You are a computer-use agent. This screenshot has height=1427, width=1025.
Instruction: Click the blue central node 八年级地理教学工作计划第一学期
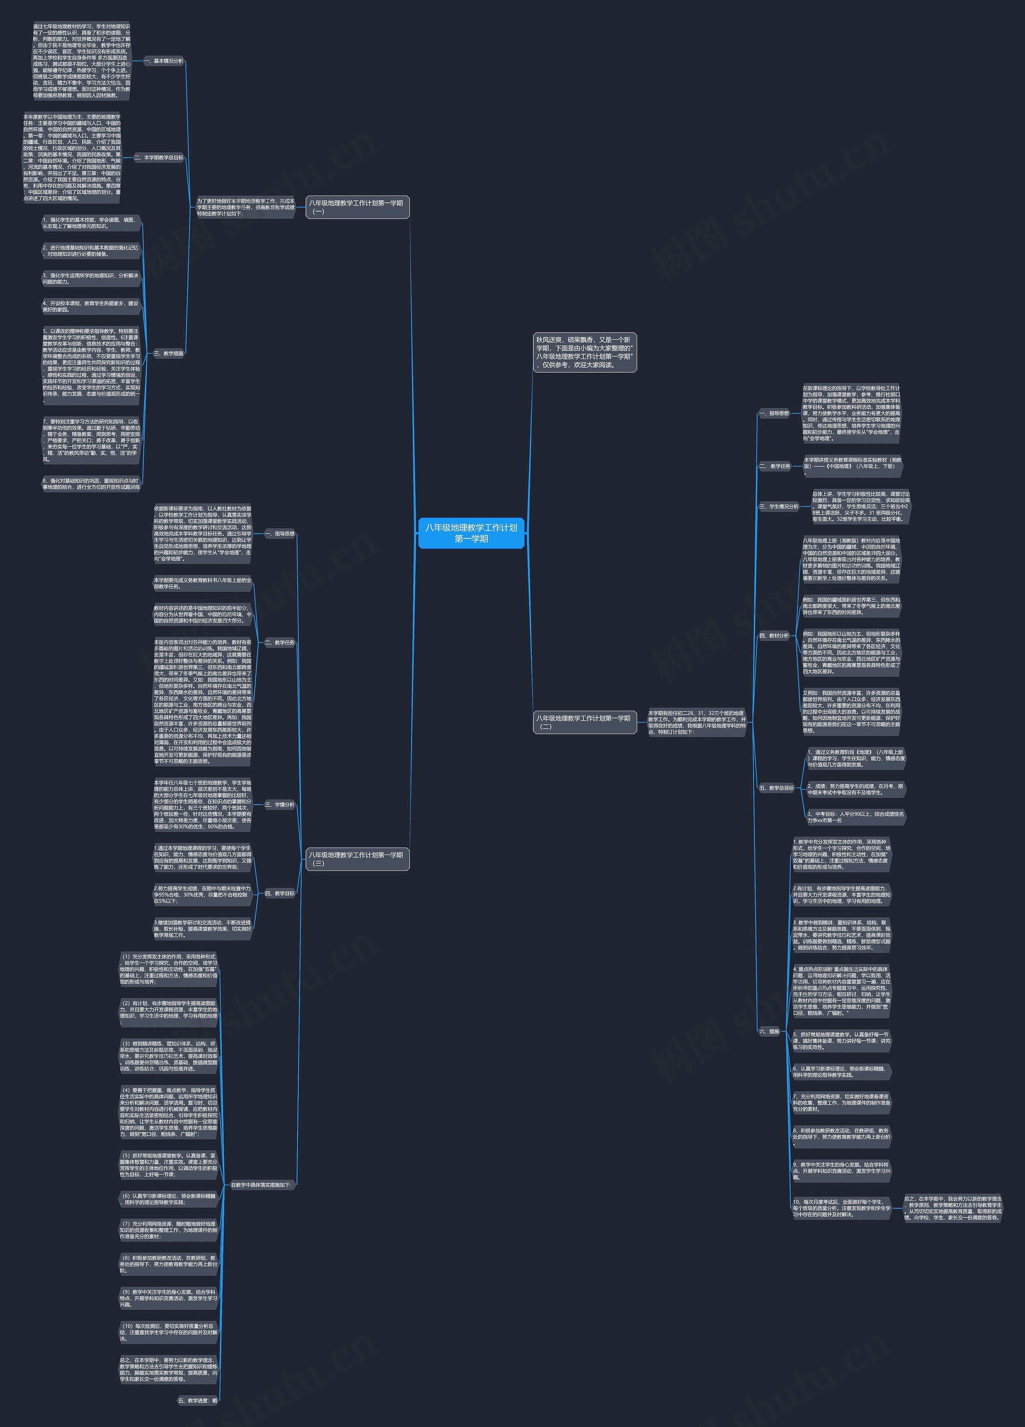click(x=471, y=533)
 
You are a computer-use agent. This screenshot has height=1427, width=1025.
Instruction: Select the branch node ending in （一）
click(x=357, y=207)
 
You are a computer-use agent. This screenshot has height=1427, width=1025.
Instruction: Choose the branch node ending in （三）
click(x=357, y=859)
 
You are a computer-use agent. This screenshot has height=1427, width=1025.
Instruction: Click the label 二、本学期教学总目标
click(x=159, y=158)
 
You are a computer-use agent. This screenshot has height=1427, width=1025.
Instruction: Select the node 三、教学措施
click(x=169, y=354)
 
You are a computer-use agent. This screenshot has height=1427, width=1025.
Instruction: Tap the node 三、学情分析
click(x=279, y=805)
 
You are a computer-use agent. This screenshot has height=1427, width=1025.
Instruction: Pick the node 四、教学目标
click(x=279, y=893)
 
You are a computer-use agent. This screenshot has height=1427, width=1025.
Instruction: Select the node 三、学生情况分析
click(x=778, y=506)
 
